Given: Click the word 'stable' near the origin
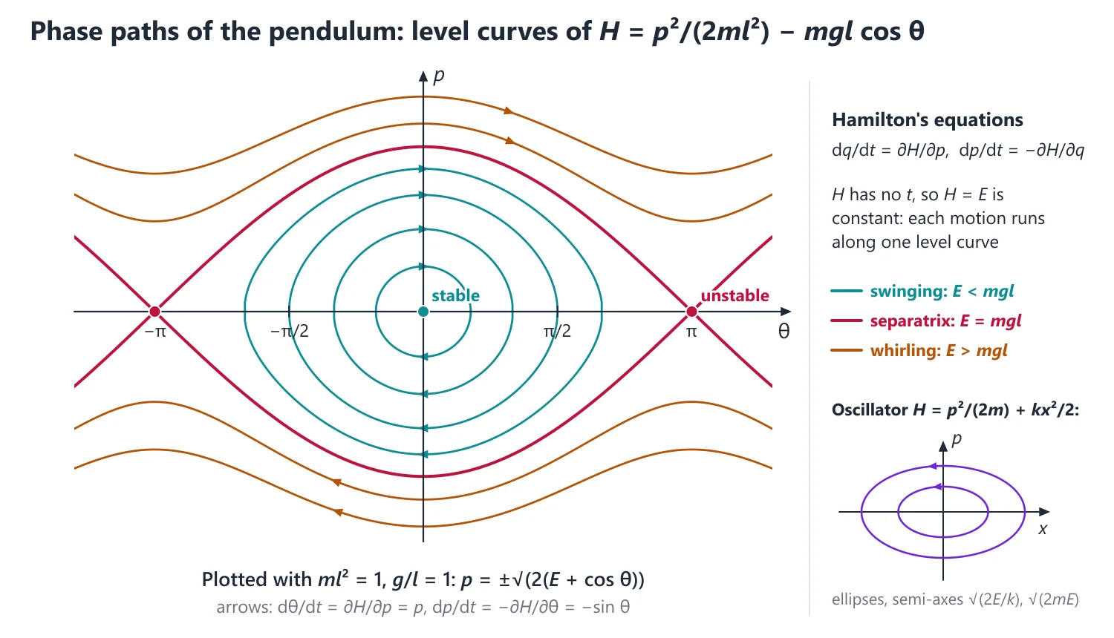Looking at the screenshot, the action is [455, 296].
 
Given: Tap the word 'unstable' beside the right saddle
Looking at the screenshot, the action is [734, 296].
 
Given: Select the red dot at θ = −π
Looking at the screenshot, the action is [154, 312].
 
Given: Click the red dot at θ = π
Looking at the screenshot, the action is [691, 312].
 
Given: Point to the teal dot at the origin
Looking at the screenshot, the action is [423, 312].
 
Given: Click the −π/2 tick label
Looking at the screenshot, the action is [289, 331].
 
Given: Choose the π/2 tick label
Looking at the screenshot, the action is [557, 331].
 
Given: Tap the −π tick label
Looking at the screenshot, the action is [154, 332].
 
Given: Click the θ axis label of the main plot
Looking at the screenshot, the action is [784, 332].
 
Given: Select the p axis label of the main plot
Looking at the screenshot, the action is [439, 76].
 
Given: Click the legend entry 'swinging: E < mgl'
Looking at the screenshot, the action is [922, 291].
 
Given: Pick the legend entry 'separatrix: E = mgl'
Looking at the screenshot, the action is [926, 321].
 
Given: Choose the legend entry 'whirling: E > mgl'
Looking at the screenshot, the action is [919, 351].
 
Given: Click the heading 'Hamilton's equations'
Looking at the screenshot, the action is [928, 119].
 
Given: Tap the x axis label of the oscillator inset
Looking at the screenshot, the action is [1043, 530].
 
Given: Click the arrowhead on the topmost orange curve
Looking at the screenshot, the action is [508, 111].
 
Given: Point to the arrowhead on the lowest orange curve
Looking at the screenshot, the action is [338, 512].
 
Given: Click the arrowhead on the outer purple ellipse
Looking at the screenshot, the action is [933, 466].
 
